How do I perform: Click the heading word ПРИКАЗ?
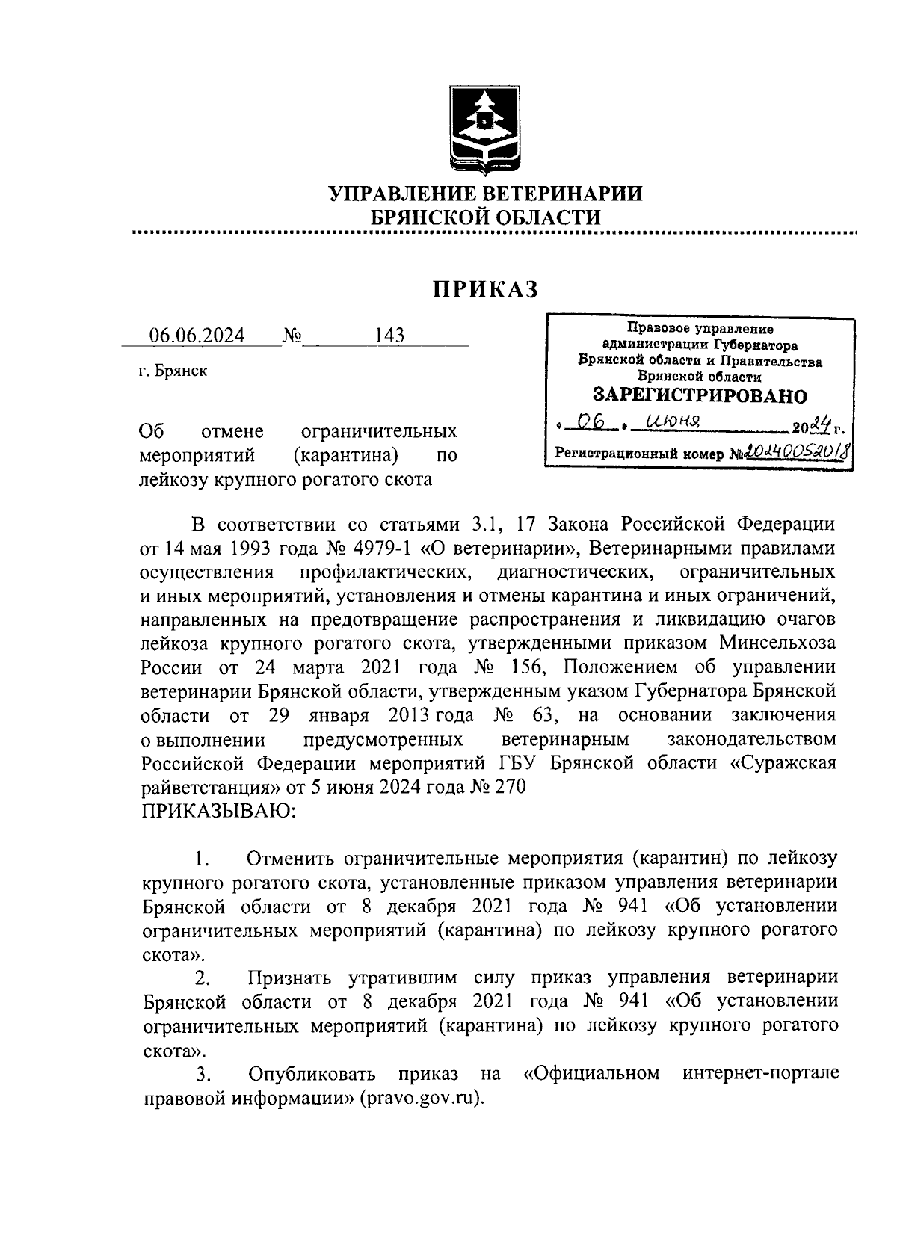click(x=487, y=288)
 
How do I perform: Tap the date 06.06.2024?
click(x=197, y=336)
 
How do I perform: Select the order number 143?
click(x=389, y=336)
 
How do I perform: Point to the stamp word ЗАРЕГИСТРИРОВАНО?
click(x=700, y=395)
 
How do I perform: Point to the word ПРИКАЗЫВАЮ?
click(x=218, y=811)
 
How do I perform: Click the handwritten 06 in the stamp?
click(x=592, y=424)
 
